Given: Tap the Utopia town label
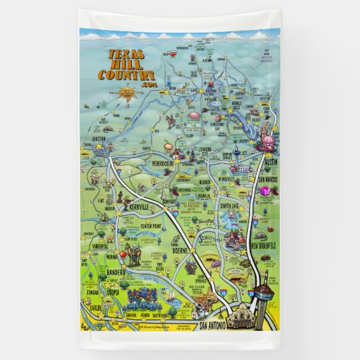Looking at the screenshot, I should pos(112,292).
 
